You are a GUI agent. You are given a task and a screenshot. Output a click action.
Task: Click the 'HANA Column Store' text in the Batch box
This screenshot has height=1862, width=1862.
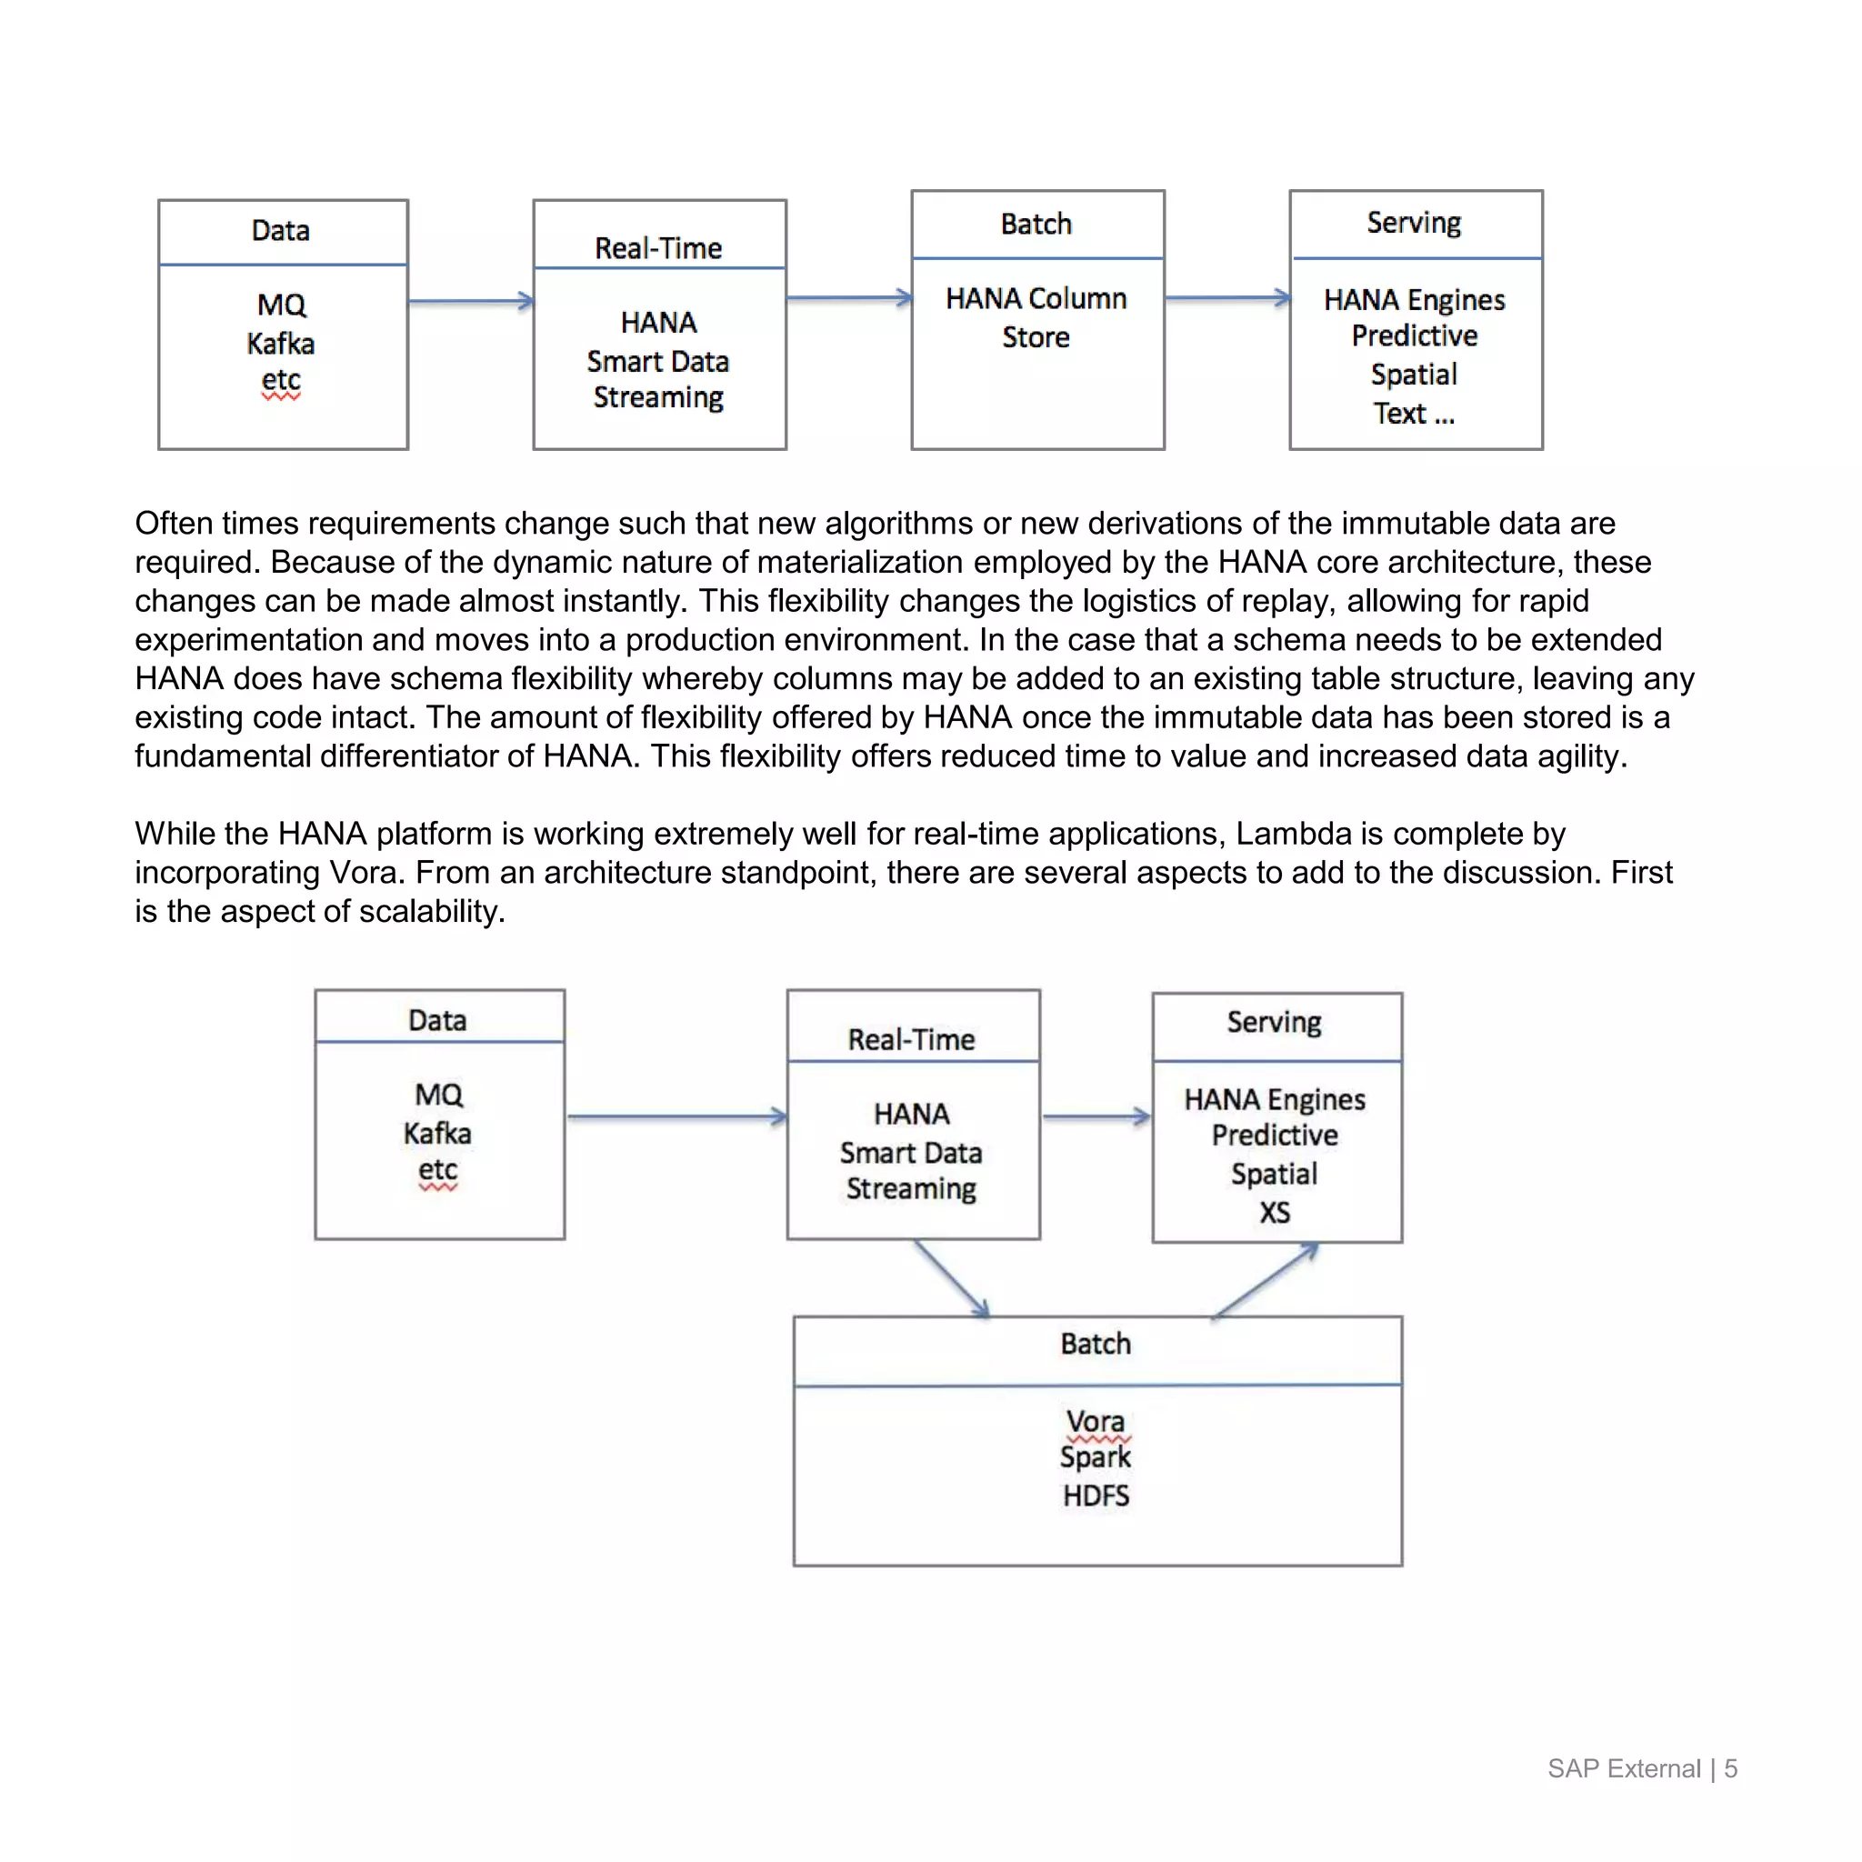click(x=1036, y=317)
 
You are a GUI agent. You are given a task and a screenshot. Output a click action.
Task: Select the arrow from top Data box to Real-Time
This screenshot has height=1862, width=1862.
click(x=470, y=302)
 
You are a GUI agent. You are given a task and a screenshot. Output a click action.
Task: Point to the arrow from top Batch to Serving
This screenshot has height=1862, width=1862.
click(x=1226, y=299)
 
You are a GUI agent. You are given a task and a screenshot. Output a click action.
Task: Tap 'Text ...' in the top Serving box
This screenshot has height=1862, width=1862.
click(x=1413, y=414)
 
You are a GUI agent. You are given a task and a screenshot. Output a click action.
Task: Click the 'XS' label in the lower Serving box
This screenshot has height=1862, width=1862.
click(x=1274, y=1213)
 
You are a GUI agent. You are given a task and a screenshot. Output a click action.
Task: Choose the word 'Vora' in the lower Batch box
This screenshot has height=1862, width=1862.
click(x=1095, y=1421)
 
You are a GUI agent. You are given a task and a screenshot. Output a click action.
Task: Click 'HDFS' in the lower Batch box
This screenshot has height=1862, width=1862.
click(x=1096, y=1496)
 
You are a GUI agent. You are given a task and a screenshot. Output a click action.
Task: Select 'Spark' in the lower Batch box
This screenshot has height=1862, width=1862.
click(x=1095, y=1457)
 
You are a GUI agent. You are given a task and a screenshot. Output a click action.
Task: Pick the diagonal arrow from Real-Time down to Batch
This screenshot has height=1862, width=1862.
click(x=952, y=1279)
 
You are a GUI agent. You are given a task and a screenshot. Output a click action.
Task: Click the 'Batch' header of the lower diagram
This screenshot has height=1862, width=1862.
click(x=1096, y=1344)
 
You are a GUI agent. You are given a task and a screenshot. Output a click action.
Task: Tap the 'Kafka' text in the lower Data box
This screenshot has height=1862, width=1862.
click(x=437, y=1134)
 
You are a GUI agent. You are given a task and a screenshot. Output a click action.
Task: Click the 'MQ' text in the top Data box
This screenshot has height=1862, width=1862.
click(x=282, y=305)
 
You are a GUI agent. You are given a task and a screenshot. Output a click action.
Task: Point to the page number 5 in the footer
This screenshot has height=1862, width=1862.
click(x=1731, y=1768)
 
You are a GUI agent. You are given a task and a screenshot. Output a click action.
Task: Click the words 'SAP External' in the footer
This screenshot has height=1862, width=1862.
click(x=1624, y=1768)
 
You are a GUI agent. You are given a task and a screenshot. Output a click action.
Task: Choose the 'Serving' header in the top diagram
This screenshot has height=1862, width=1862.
click(x=1414, y=223)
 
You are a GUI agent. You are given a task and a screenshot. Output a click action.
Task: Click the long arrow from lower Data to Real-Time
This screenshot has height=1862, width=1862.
click(x=676, y=1117)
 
